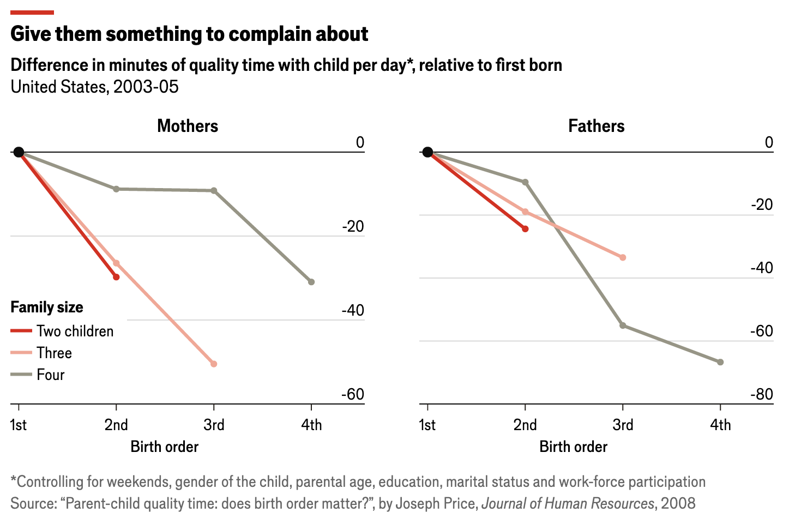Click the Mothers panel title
click(x=188, y=126)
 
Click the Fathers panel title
click(x=596, y=126)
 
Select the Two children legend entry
click(x=75, y=331)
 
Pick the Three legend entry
click(x=54, y=353)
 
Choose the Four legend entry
click(x=50, y=375)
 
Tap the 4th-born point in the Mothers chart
click(x=311, y=282)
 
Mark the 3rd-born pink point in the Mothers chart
click(x=214, y=364)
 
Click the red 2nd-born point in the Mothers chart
click(x=116, y=277)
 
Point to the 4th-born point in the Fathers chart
click(x=720, y=362)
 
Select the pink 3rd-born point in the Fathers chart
click(x=623, y=257)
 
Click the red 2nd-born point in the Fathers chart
click(x=525, y=229)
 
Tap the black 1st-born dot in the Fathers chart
click(x=428, y=152)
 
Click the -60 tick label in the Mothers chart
click(x=352, y=394)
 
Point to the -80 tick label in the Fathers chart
click(x=761, y=394)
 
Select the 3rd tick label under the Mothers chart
click(x=214, y=425)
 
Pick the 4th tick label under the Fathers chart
click(x=720, y=425)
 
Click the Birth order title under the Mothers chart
click(x=164, y=446)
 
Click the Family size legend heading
click(x=47, y=307)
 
